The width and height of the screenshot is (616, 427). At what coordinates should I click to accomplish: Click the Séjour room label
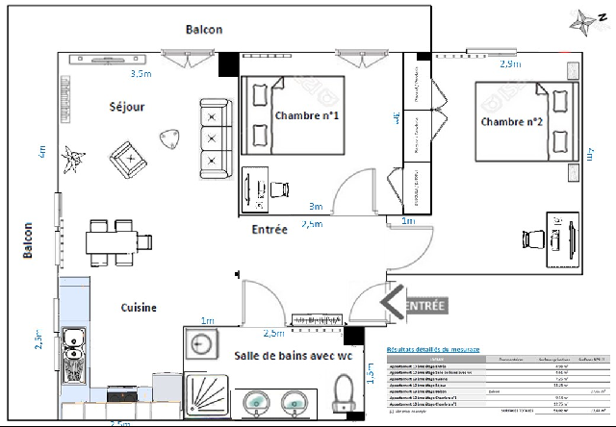tap(127, 107)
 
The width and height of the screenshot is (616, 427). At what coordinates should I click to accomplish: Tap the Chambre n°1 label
tap(311, 115)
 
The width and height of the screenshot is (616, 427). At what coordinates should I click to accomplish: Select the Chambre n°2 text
tap(513, 121)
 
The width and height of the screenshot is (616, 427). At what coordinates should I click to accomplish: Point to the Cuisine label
tap(139, 308)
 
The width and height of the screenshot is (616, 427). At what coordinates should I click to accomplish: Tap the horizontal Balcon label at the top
tap(204, 30)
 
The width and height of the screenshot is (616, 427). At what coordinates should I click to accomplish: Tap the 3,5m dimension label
tap(141, 73)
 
